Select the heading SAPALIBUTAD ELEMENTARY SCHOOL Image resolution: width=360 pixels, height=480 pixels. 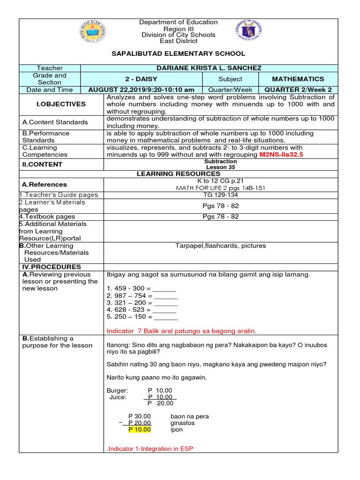click(x=178, y=54)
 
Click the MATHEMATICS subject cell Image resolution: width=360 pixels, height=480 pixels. click(x=298, y=79)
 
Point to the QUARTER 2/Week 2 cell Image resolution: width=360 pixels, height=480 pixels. click(x=298, y=90)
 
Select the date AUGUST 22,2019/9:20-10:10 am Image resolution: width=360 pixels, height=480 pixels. click(x=141, y=90)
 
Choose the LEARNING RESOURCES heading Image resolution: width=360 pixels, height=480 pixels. click(x=178, y=174)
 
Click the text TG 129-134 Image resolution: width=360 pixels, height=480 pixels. click(x=220, y=195)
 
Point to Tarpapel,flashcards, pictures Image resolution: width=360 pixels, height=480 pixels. click(x=220, y=246)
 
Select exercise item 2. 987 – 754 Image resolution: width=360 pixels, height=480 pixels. click(x=142, y=296)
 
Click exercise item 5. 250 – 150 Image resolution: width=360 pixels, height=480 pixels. click(x=142, y=317)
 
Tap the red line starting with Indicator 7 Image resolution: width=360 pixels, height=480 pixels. click(x=182, y=331)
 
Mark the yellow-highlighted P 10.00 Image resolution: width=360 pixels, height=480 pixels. click(x=140, y=429)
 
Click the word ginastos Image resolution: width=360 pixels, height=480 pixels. click(x=183, y=423)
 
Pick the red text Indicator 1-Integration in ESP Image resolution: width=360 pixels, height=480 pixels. click(x=150, y=449)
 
